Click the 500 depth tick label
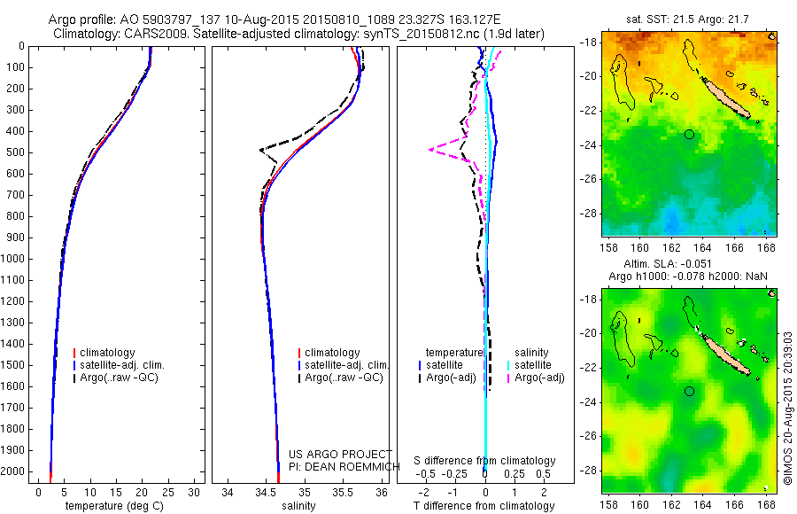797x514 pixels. click(16, 152)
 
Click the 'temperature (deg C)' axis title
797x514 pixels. click(115, 506)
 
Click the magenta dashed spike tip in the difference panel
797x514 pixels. click(429, 150)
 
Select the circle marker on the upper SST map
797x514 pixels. click(689, 134)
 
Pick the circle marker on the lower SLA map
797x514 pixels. click(689, 391)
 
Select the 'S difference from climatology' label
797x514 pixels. click(485, 461)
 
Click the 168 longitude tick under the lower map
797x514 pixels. click(767, 503)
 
